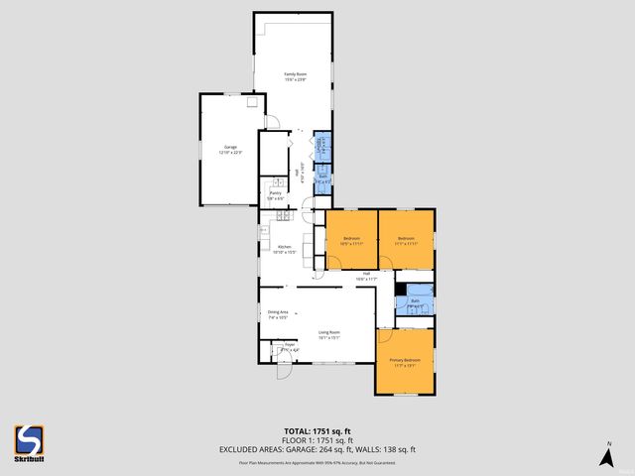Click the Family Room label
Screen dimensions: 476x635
point(295,76)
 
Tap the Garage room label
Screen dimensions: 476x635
point(230,148)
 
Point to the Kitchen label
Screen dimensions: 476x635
point(283,248)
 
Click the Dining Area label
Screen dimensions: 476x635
point(278,314)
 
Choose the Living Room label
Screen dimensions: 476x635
point(329,334)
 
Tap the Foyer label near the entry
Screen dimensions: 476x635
point(290,347)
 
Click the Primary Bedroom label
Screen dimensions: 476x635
point(405,362)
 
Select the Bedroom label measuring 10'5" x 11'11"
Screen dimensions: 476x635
point(352,240)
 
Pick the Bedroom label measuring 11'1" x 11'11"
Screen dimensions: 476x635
point(407,240)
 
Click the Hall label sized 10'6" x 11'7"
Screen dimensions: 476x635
point(366,276)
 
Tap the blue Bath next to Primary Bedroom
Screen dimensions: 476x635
point(415,302)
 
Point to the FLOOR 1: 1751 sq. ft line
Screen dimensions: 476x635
point(317,440)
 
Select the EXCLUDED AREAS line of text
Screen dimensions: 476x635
point(317,449)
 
